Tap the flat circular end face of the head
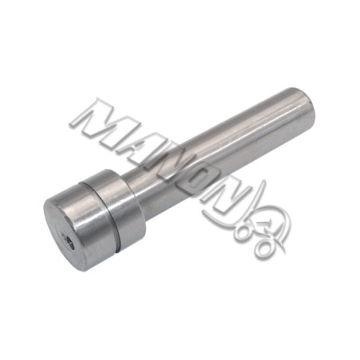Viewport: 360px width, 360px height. pyautogui.click(x=63, y=233)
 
